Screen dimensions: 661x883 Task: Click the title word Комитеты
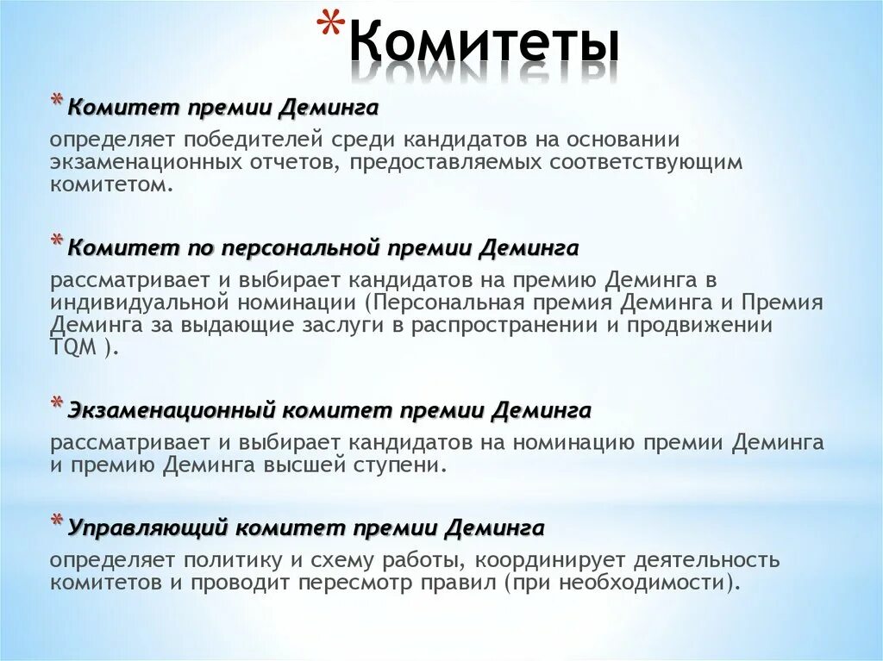point(485,45)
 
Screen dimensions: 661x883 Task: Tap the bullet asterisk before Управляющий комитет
point(57,521)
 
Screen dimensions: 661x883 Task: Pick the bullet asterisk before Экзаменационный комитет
point(57,404)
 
